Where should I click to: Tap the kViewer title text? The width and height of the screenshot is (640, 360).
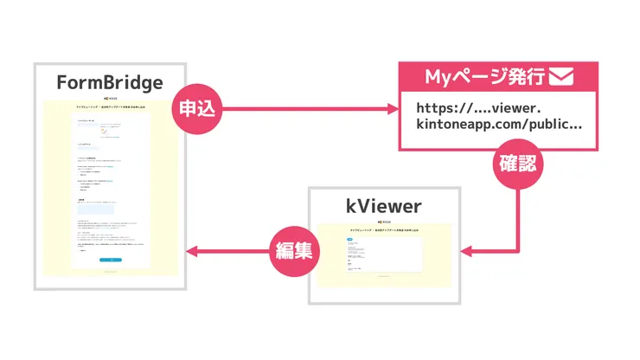click(386, 205)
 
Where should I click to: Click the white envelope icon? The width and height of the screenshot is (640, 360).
click(561, 77)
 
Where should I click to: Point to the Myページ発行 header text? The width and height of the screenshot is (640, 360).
click(485, 77)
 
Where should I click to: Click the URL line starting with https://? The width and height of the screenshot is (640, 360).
click(490, 108)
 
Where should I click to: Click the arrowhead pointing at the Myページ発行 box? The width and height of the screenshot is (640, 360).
click(393, 109)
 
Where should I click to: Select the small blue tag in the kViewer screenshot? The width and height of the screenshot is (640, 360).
click(350, 239)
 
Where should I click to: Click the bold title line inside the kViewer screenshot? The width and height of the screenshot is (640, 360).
click(386, 230)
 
